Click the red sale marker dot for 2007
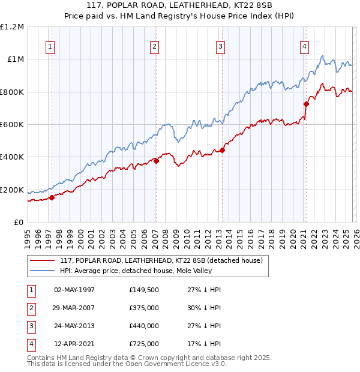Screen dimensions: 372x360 [155, 161]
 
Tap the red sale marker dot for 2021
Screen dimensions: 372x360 [306, 104]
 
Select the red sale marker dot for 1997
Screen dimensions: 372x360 [52, 197]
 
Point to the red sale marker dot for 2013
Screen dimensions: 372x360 [222, 151]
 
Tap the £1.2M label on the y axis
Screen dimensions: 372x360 [12, 27]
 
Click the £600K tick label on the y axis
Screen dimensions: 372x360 [12, 125]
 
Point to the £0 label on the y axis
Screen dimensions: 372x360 [18, 223]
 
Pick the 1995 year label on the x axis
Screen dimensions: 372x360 [28, 238]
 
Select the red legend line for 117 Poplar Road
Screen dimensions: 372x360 [42, 260]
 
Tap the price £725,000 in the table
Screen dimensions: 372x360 [144, 344]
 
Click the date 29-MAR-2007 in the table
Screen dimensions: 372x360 [74, 308]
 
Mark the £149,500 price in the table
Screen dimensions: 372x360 [144, 290]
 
